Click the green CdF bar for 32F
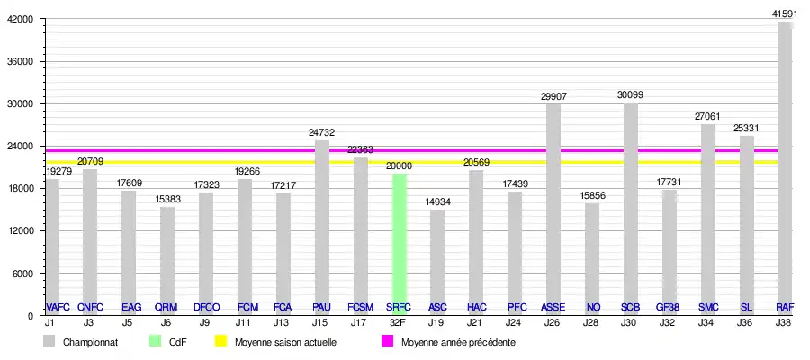click(399, 243)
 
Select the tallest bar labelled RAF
click(784, 171)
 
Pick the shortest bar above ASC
click(437, 261)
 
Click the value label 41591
click(784, 13)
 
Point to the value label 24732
click(321, 132)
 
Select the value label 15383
click(167, 199)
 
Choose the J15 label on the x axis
click(321, 321)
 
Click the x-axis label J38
click(784, 321)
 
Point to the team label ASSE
click(553, 308)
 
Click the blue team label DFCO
click(206, 308)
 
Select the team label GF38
click(668, 308)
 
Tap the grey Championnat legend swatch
click(50, 342)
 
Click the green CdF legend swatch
click(155, 342)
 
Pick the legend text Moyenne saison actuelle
click(285, 343)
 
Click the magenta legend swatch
click(387, 342)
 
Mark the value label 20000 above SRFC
click(399, 166)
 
